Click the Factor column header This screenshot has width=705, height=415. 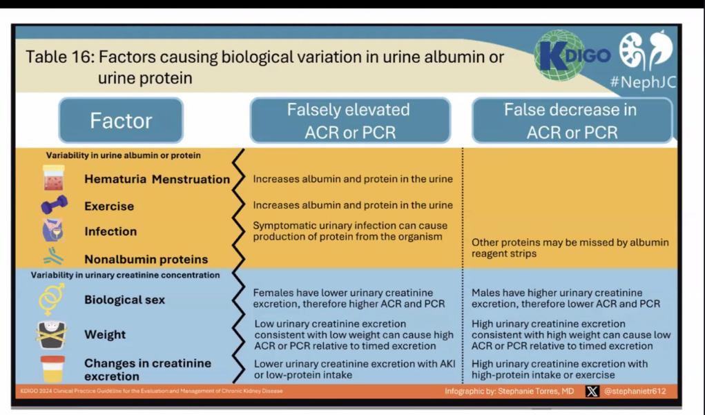click(x=121, y=121)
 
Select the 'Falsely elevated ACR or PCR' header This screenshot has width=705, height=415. click(x=350, y=121)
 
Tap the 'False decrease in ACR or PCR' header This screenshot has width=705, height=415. click(x=571, y=121)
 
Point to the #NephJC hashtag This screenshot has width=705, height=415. click(x=642, y=83)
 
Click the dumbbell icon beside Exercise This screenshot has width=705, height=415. click(x=54, y=205)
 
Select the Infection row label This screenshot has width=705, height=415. click(x=110, y=232)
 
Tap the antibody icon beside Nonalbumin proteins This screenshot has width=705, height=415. click(x=53, y=258)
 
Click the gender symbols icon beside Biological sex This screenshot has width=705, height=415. click(x=52, y=300)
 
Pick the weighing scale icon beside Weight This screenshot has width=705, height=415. click(x=52, y=335)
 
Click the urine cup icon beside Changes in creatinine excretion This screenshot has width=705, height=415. click(x=52, y=369)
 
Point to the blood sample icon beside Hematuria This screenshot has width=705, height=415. click(x=53, y=178)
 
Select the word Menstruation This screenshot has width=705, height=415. click(x=191, y=180)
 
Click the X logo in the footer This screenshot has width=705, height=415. click(x=592, y=392)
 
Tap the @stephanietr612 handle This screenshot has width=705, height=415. click(x=635, y=392)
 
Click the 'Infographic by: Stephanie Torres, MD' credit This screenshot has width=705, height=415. click(x=509, y=392)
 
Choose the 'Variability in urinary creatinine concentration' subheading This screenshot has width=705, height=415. click(x=125, y=275)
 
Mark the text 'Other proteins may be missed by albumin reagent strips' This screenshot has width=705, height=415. click(x=570, y=248)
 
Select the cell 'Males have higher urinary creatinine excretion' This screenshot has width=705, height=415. click(x=566, y=298)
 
